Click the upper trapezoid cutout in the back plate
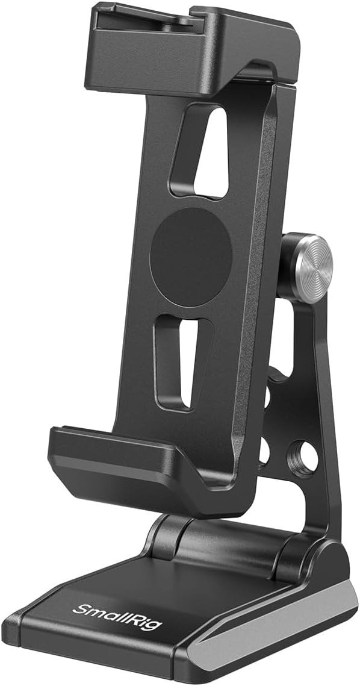point(202,151)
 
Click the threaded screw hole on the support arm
point(303,457)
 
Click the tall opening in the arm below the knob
point(283,337)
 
